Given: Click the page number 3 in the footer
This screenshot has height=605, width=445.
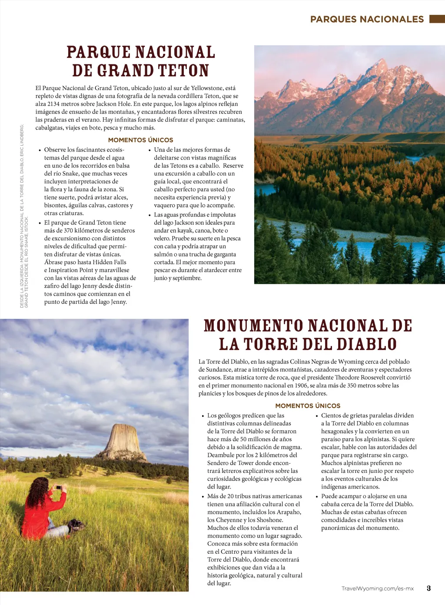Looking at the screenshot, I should (428, 588).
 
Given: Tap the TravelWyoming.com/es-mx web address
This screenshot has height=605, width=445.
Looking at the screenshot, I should (377, 588).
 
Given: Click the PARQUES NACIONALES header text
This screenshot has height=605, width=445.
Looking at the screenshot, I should (367, 19).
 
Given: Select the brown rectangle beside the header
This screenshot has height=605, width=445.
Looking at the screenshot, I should (437, 19).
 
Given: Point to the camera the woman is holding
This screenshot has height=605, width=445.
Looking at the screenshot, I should (58, 488).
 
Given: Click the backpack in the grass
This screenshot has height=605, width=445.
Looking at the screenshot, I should (76, 525).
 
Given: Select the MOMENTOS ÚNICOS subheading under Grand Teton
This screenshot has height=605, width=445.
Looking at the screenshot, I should (140, 140).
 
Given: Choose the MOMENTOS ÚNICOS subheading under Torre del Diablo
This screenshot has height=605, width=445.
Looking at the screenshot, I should (308, 406).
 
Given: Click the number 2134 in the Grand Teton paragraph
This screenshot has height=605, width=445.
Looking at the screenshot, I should (53, 104).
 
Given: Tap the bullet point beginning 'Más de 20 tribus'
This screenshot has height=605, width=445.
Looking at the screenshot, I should (203, 496).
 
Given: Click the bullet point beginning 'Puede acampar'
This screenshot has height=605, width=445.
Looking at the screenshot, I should (317, 496).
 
